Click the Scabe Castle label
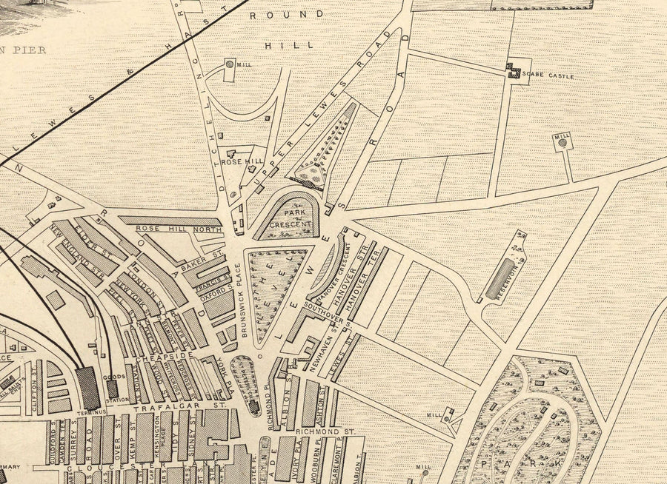548,75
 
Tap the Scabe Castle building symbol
512,70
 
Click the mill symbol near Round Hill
230,65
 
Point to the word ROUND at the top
286,14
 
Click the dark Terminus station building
87,388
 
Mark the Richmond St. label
316,431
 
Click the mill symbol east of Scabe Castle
563,144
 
